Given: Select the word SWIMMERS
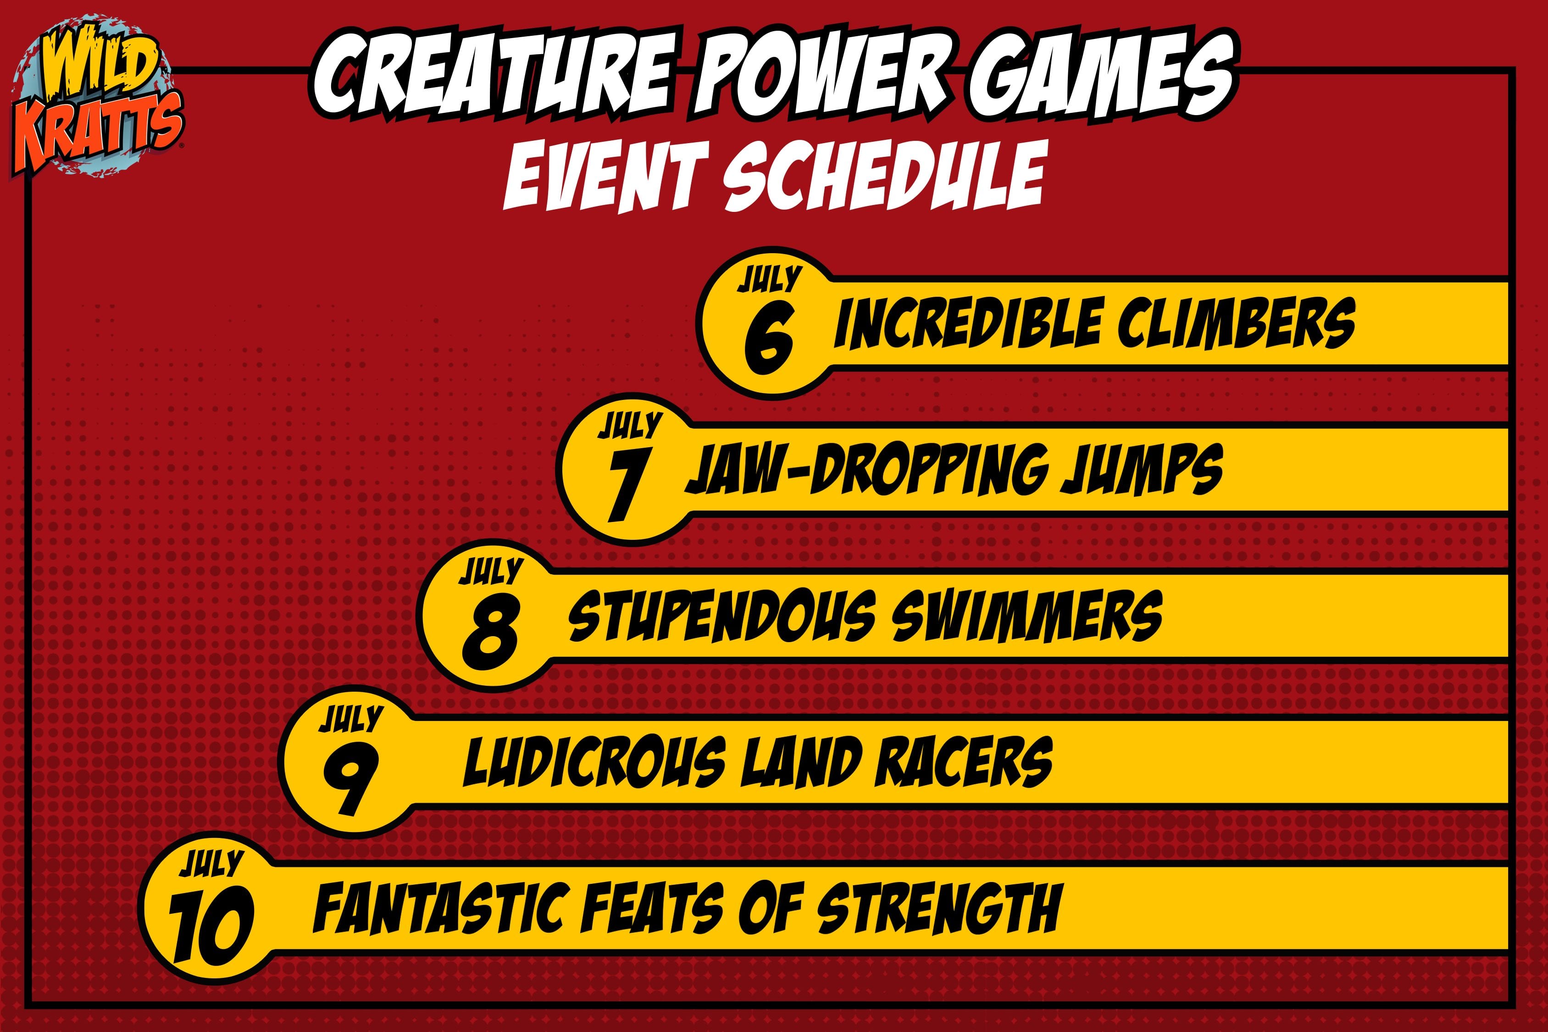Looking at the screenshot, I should (x=1027, y=616).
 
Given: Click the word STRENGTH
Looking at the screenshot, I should (x=938, y=908).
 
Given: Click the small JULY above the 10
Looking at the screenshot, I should (x=211, y=864).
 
